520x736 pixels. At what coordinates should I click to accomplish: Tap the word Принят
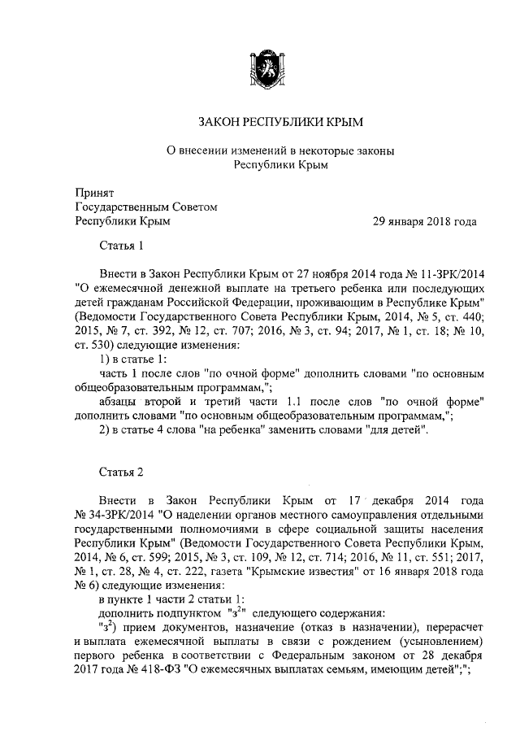click(x=93, y=193)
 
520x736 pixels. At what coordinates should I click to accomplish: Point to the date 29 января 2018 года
click(x=424, y=220)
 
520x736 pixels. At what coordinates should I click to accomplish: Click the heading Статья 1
click(x=121, y=246)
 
